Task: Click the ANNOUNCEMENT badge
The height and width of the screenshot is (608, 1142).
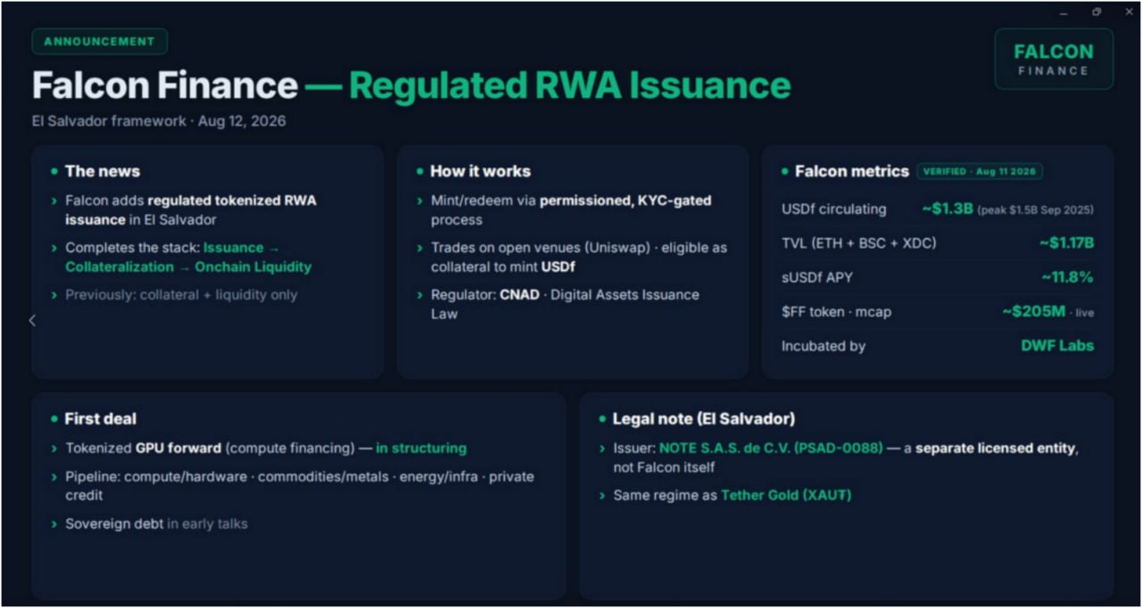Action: [99, 41]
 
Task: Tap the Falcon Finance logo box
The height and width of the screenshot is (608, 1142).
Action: [1054, 59]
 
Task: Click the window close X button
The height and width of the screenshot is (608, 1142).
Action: [1130, 12]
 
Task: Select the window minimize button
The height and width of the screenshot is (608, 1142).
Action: [1063, 14]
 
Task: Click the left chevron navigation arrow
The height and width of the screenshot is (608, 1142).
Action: [32, 320]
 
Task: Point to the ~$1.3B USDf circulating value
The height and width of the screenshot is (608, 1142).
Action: [948, 209]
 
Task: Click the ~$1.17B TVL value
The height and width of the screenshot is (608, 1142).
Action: [1066, 242]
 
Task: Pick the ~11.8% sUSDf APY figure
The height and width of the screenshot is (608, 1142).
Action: [1068, 277]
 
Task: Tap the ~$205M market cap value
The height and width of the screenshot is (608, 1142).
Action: [1034, 311]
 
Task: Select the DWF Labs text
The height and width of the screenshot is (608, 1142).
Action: [1057, 346]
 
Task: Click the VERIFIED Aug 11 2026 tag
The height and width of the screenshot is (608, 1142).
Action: [980, 171]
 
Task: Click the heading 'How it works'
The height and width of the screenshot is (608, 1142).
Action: [480, 171]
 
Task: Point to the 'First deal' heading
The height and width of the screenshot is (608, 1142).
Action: [101, 419]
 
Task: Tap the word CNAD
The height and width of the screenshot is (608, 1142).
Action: [519, 295]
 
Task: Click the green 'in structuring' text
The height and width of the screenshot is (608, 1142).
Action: [421, 448]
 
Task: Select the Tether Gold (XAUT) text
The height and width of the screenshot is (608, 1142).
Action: [786, 495]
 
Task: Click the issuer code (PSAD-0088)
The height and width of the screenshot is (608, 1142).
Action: [838, 448]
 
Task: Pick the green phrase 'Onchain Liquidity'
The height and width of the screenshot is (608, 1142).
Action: [252, 267]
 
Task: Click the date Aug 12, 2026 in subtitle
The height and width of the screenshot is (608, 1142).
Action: [242, 121]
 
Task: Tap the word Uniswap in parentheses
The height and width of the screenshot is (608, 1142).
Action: [617, 248]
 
